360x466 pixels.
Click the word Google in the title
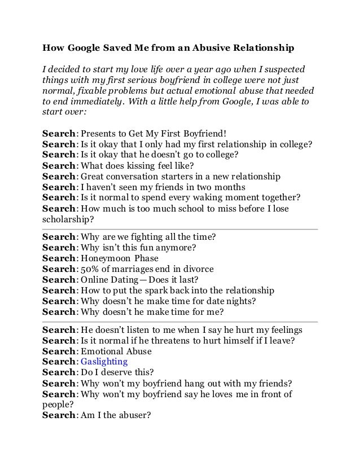pyautogui.click(x=83, y=49)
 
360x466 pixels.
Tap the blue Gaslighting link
pyautogui.click(x=104, y=362)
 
